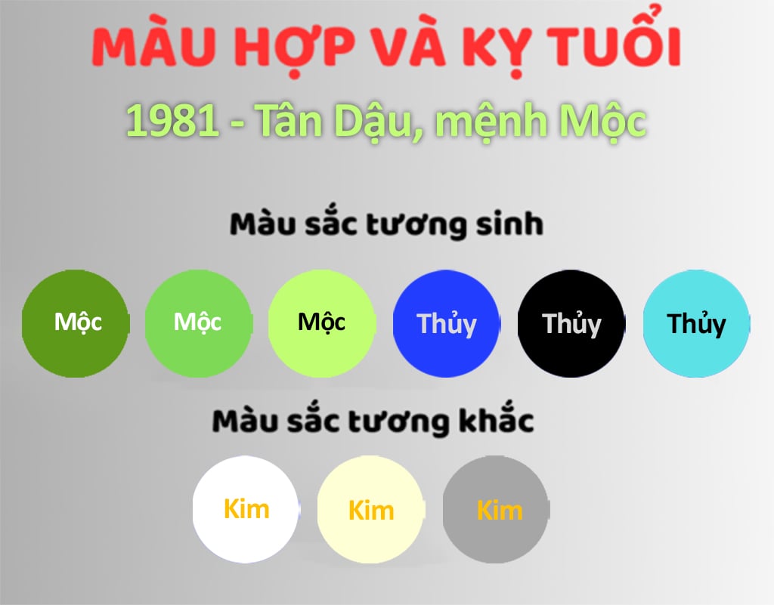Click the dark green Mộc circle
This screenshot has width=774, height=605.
point(76,323)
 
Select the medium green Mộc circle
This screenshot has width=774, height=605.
point(199,323)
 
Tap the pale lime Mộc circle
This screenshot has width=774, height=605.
point(322,323)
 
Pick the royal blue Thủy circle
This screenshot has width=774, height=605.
point(447,323)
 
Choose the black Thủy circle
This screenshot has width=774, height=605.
point(571,323)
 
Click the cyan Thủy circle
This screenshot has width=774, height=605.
point(696,323)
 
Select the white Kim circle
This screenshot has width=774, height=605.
point(246,509)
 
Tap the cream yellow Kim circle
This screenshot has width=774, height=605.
point(370,509)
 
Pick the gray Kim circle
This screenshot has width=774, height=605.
point(496,509)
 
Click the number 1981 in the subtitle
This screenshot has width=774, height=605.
point(173,121)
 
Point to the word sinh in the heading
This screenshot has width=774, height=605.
point(509,224)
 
